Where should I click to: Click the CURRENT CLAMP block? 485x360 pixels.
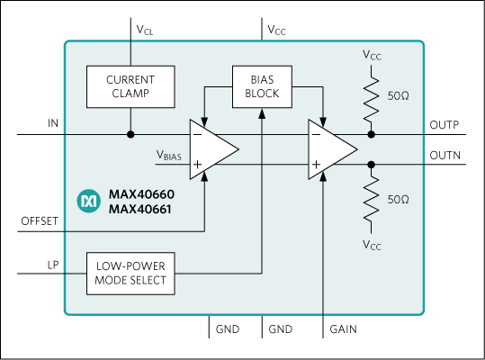click(131, 85)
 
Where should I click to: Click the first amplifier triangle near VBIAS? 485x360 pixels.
click(211, 148)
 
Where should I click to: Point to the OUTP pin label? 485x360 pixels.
click(445, 125)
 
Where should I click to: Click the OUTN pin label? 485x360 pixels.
click(445, 155)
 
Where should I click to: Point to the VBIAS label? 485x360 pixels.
click(168, 155)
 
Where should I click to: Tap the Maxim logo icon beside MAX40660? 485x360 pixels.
click(88, 201)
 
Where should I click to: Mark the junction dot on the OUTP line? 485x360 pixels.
click(371, 135)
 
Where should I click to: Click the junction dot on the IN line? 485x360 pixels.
click(131, 135)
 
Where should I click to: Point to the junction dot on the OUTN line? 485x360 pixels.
click(371, 164)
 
